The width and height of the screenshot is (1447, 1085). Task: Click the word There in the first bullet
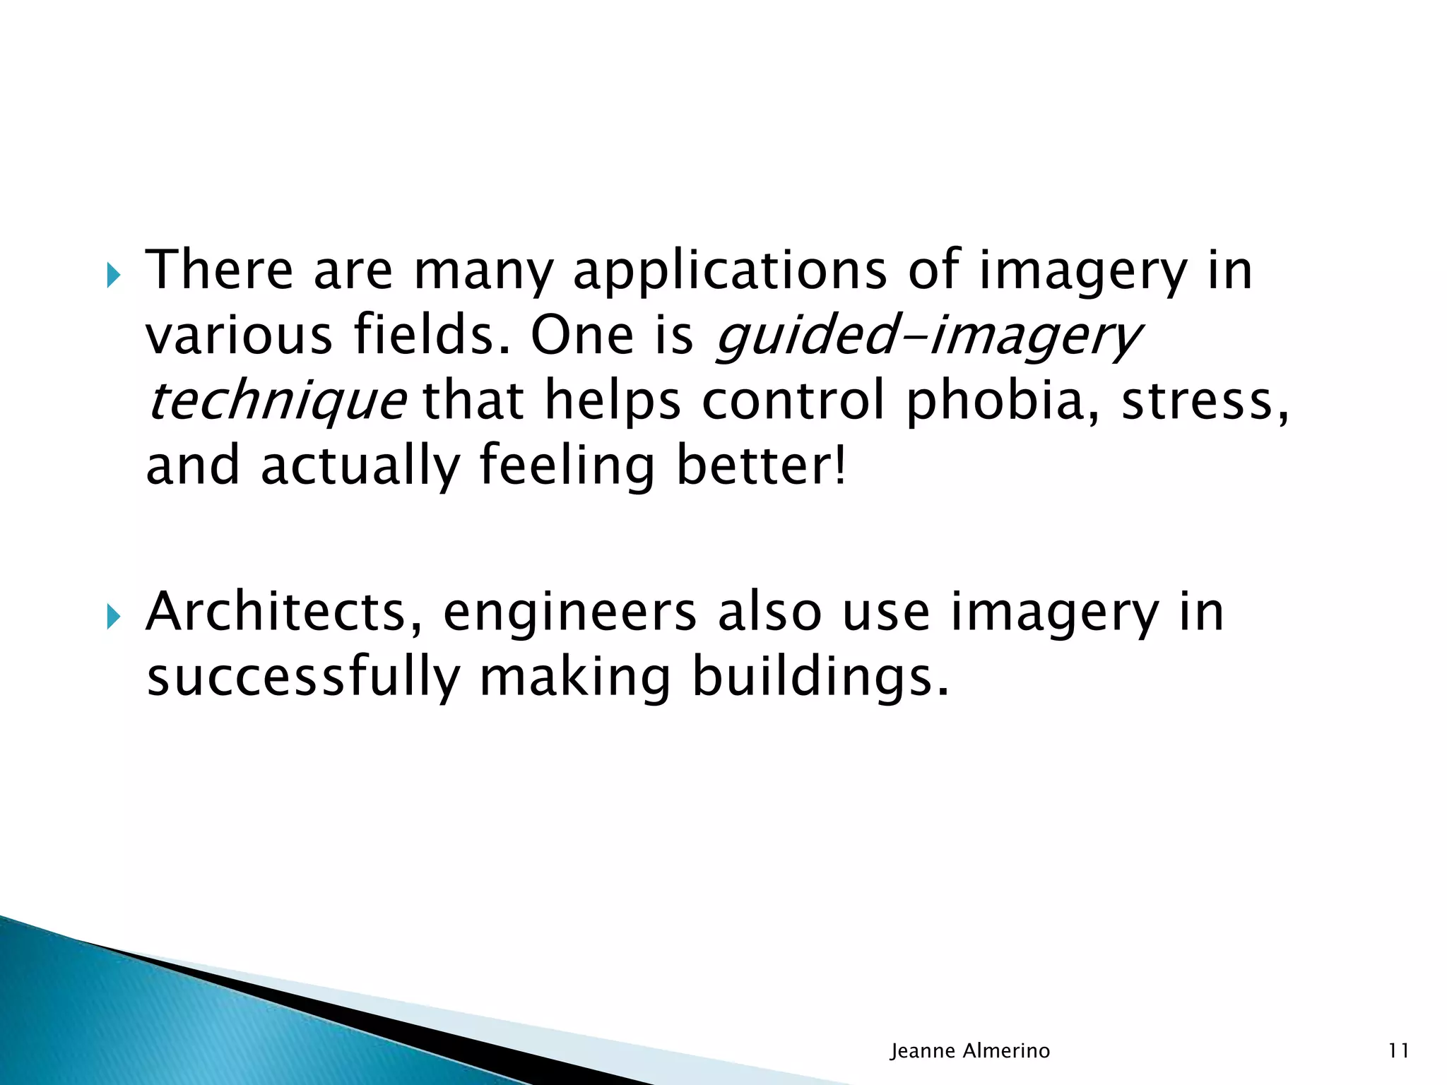pos(219,270)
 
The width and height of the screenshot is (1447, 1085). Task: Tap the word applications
pos(729,271)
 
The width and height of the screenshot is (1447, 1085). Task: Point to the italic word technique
pos(276,401)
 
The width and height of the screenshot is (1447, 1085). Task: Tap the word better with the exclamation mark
pos(760,466)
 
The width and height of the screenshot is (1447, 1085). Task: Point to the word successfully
pos(303,677)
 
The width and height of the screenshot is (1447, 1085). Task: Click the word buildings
pos(820,677)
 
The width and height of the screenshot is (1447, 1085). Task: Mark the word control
pos(793,401)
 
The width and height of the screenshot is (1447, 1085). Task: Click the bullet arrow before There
pos(113,275)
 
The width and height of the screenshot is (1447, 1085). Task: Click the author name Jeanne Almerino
pos(970,1051)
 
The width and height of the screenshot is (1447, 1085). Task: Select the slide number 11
pos(1398,1051)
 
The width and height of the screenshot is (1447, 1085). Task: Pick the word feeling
pos(567,466)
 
